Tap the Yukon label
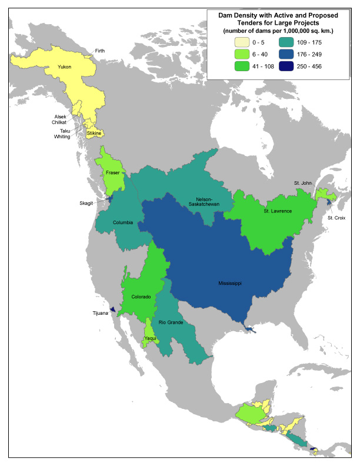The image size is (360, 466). coord(64,67)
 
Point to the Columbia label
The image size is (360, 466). coord(123,222)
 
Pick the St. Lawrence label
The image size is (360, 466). coord(278,211)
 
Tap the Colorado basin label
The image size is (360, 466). coord(141,297)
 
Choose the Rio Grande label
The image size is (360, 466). coord(171,322)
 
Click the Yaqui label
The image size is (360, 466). coord(151,338)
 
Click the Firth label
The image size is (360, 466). coord(101,51)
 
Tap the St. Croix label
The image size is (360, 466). coord(338,218)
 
